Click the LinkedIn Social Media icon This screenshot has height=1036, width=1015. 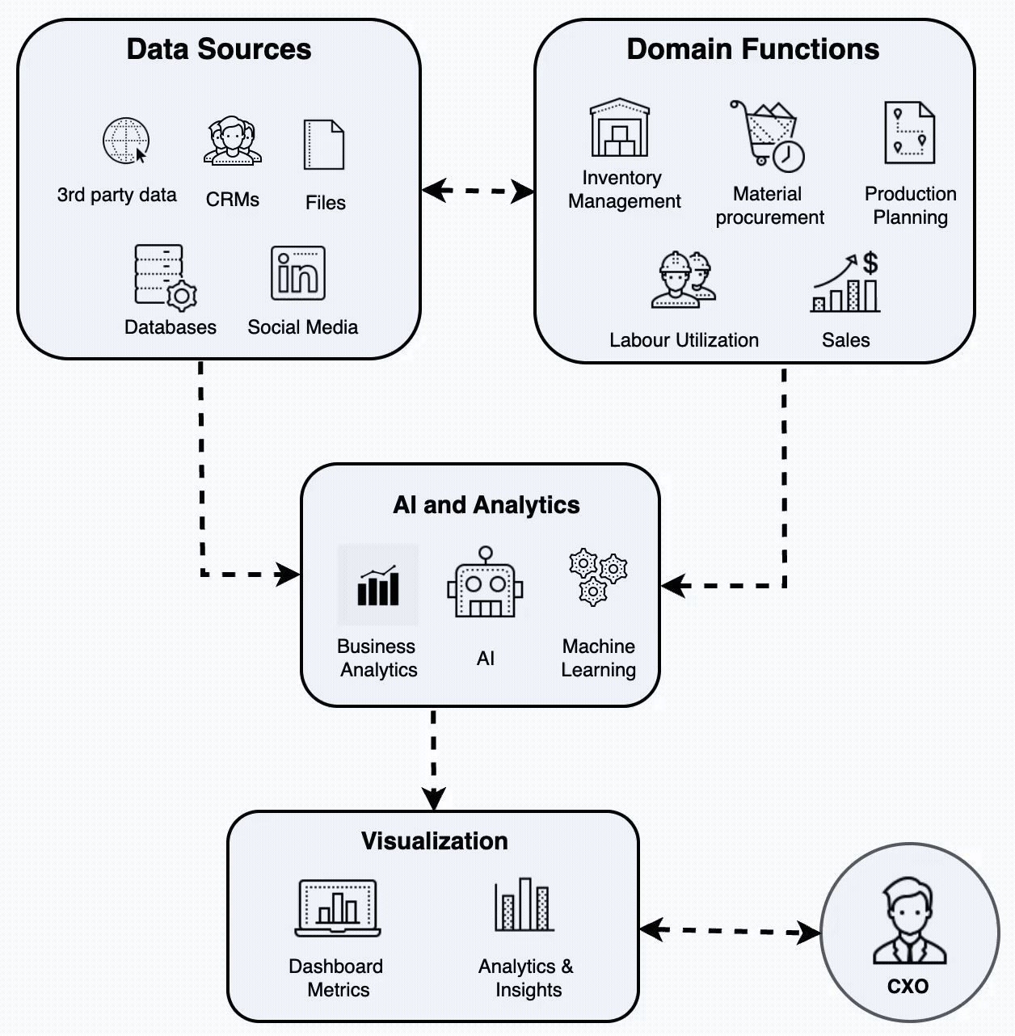click(298, 273)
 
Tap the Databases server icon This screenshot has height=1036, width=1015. click(164, 276)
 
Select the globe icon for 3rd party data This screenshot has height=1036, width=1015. click(126, 141)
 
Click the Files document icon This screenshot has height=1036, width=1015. click(324, 145)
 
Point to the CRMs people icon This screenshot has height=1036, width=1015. click(233, 141)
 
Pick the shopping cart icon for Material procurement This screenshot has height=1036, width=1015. click(766, 134)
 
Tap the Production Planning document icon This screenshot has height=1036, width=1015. click(909, 133)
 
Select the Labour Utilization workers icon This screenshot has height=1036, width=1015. click(684, 280)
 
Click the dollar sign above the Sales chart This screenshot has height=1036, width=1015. click(870, 263)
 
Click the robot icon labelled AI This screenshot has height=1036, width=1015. click(485, 586)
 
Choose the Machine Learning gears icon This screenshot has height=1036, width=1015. click(597, 577)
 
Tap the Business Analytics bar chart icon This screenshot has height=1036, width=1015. click(378, 586)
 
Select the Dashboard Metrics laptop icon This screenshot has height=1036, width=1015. click(338, 908)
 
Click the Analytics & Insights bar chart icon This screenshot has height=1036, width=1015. click(524, 905)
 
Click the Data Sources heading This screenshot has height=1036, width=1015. click(218, 49)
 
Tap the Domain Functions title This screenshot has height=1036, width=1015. click(752, 49)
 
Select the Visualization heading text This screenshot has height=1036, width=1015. click(434, 841)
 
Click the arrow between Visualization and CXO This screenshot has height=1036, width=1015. click(730, 931)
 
